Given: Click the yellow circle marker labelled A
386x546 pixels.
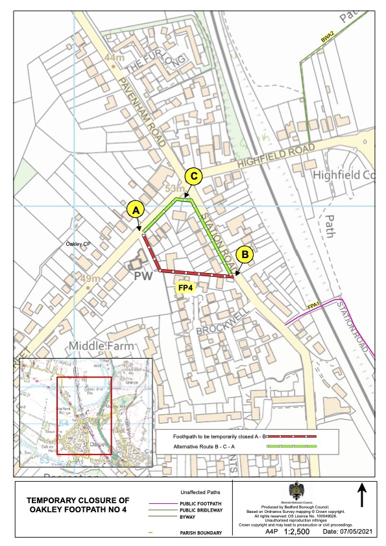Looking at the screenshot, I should pos(135,210).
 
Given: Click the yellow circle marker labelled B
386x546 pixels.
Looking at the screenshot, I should pos(244,255).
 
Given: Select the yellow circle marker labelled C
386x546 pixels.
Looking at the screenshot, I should pos(193,176).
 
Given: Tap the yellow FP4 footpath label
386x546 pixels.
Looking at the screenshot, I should pos(186,286).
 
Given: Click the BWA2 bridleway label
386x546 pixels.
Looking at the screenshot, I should pos(327,37).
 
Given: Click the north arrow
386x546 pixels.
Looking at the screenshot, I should pos(361,496).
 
